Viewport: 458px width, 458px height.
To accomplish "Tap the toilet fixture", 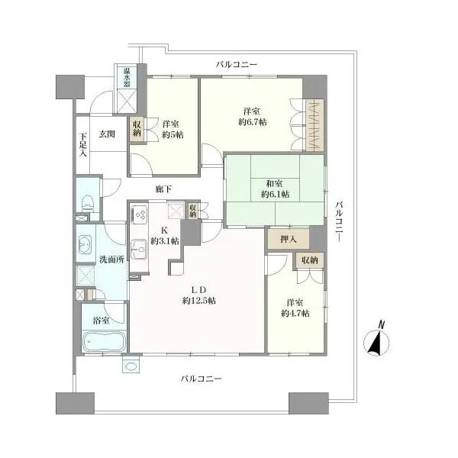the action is [88, 203].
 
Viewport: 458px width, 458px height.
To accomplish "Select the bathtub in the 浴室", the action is [105, 342].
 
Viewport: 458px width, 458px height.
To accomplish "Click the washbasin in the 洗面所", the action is [85, 244].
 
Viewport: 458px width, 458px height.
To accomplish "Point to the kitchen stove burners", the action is [140, 214].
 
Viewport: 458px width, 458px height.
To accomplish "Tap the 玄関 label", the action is [107, 134].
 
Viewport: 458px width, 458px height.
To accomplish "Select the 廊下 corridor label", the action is [163, 189].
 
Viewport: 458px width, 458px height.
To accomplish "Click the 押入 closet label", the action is [289, 240].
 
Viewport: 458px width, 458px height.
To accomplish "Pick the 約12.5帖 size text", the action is [199, 300].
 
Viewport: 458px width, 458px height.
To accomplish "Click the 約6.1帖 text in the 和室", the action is [275, 194].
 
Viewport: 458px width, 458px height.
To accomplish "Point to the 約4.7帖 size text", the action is [295, 314].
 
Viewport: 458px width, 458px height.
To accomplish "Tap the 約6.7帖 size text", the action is [253, 122].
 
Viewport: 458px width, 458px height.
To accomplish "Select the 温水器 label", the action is [127, 77].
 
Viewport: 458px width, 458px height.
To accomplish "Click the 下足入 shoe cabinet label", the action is [83, 145].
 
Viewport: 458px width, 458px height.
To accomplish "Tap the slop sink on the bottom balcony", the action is [131, 366].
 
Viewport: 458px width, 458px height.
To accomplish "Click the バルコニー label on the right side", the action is [339, 221].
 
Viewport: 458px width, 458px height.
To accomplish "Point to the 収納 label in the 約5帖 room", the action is [137, 128].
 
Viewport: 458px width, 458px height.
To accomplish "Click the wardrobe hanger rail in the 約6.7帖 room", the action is [314, 125].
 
